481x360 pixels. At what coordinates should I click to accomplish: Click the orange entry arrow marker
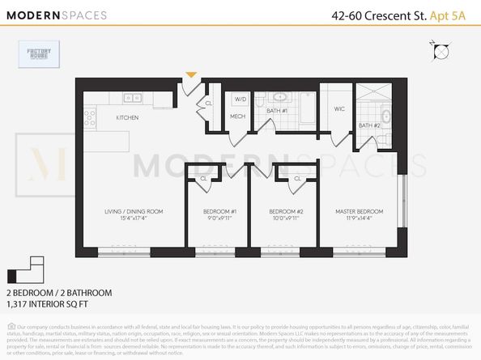pos(191,75)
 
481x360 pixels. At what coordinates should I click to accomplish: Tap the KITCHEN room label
pos(127,118)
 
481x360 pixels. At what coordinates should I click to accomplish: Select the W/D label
pos(240,100)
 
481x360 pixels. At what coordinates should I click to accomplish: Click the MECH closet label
pos(237,116)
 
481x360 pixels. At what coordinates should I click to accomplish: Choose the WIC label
pos(339,108)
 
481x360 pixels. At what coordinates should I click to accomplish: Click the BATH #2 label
pos(369,125)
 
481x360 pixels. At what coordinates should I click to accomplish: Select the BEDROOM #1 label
pos(219,212)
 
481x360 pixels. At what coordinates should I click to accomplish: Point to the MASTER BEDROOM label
pos(360,212)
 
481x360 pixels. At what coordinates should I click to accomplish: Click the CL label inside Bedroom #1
pos(202,178)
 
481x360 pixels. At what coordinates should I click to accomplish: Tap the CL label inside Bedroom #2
pos(297,178)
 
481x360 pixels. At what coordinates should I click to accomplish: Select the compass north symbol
pos(441,53)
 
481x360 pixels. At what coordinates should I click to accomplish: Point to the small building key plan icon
pos(24,269)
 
